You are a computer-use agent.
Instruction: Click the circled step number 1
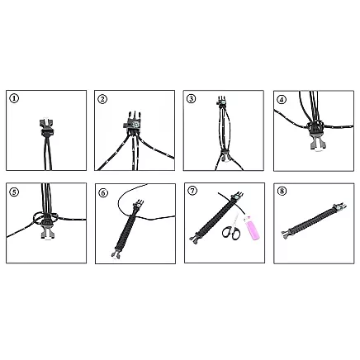click(14, 98)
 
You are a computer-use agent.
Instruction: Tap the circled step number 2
click(103, 98)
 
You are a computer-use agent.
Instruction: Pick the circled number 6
click(103, 192)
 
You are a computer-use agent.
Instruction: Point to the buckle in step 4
click(315, 131)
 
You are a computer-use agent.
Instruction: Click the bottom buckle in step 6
click(119, 251)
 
